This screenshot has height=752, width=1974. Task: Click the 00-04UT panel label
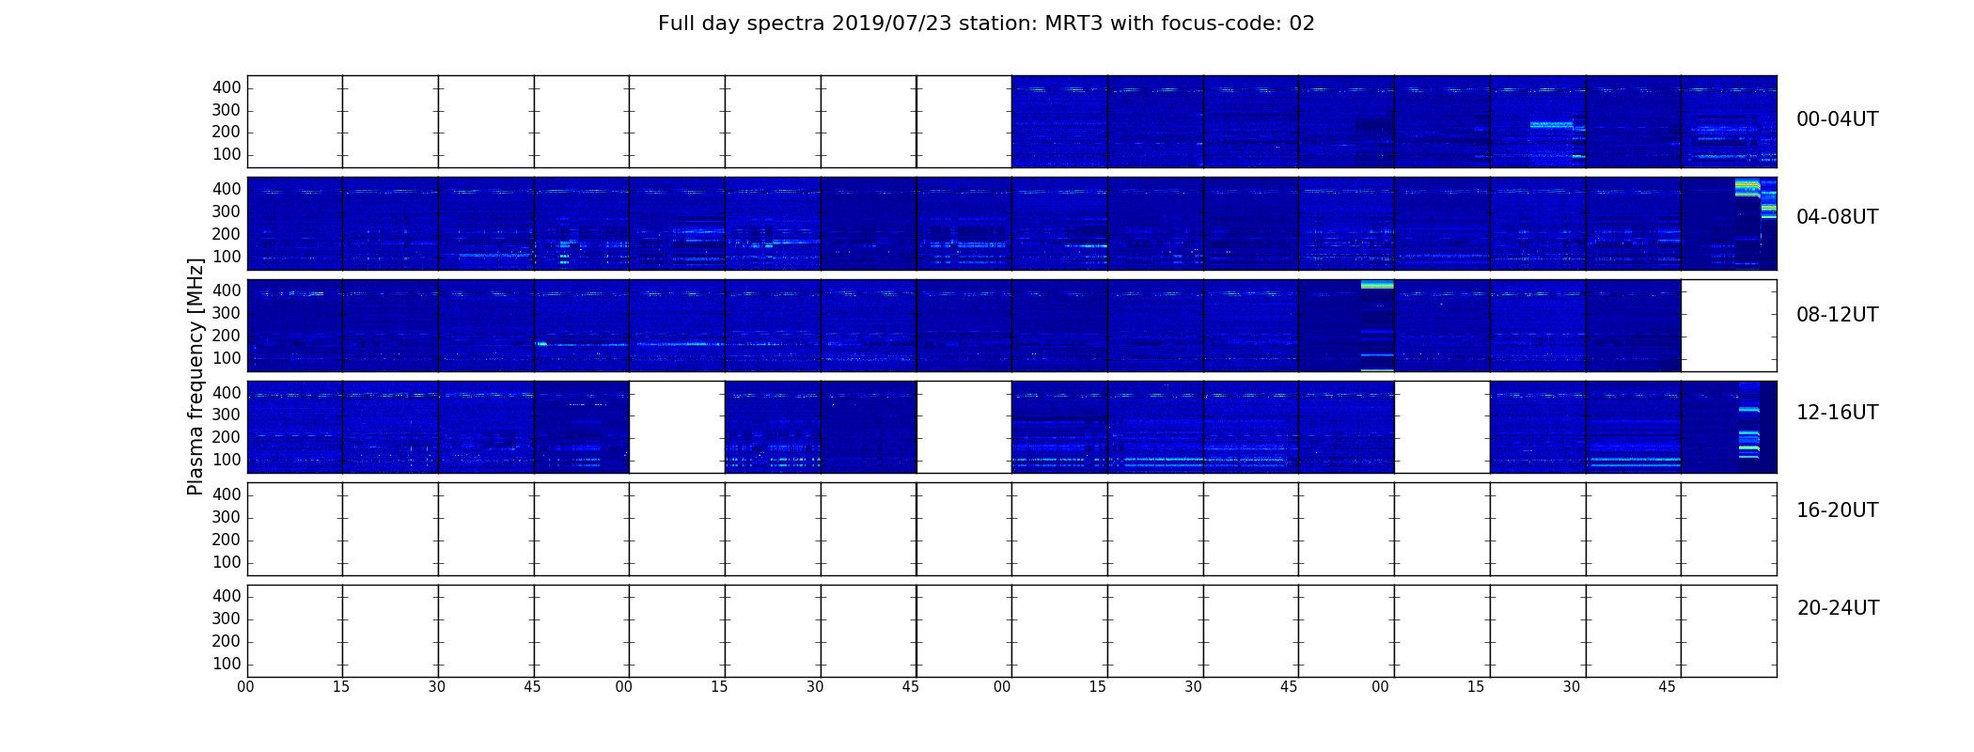click(x=1838, y=119)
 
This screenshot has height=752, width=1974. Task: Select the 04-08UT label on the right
click(x=1838, y=217)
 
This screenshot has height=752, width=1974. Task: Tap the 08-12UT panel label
click(x=1838, y=315)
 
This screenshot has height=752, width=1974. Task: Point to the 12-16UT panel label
click(x=1838, y=413)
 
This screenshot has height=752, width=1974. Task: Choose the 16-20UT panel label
click(x=1838, y=510)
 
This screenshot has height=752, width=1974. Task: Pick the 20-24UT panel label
click(x=1838, y=608)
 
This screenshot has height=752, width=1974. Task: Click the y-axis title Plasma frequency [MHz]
click(x=196, y=376)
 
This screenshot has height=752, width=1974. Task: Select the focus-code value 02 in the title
click(x=1302, y=23)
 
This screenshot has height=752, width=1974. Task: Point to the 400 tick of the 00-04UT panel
click(x=227, y=87)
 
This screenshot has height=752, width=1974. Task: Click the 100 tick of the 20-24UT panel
click(x=227, y=664)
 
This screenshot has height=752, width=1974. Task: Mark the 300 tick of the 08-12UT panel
click(x=227, y=313)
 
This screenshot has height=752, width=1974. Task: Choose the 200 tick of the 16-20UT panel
click(x=227, y=540)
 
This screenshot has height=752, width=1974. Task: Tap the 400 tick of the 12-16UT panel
click(x=227, y=393)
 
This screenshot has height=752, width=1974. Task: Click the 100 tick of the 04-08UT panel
click(x=227, y=257)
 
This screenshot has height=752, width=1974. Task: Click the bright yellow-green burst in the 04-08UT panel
click(x=1747, y=187)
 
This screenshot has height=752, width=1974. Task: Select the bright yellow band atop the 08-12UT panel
click(x=1377, y=284)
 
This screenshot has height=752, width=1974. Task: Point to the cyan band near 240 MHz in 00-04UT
click(x=1551, y=124)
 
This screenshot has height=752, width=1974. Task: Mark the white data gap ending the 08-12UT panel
click(x=1729, y=325)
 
